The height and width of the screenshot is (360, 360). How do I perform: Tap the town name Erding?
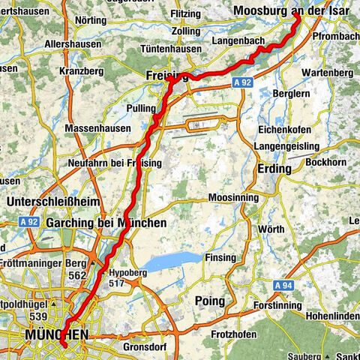pos(274,169)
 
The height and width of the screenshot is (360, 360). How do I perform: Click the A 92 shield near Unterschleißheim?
pos(29,222)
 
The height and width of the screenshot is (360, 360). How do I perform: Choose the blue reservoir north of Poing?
pos(172,262)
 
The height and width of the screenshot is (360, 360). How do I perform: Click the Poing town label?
pos(209,301)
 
